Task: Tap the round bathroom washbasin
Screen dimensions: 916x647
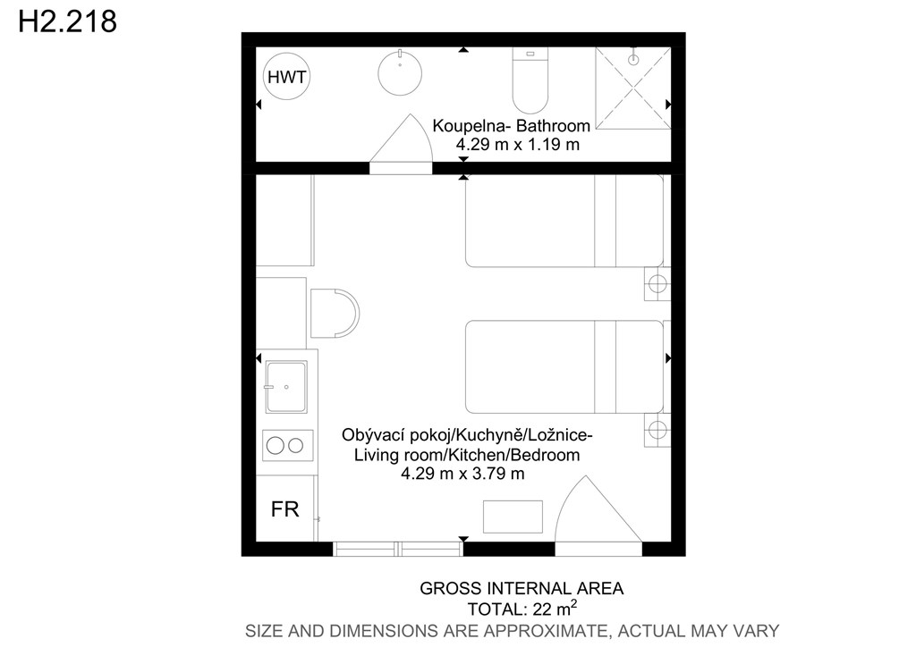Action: (x=400, y=73)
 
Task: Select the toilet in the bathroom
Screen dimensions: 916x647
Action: (x=530, y=80)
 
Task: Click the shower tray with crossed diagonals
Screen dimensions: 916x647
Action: (x=632, y=88)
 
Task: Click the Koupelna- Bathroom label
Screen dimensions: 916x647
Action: (x=511, y=125)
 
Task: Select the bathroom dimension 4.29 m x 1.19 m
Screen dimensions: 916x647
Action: (x=518, y=144)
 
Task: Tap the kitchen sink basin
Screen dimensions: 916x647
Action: (x=286, y=387)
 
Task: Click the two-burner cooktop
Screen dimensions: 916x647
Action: (x=287, y=446)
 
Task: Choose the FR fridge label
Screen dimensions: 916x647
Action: (x=285, y=509)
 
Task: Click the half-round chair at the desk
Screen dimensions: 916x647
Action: (x=335, y=314)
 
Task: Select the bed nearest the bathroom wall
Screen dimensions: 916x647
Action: (x=564, y=221)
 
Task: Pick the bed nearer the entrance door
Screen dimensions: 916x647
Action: (x=564, y=367)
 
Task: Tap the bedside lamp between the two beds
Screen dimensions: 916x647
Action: (x=657, y=284)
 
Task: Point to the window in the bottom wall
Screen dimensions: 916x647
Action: (x=398, y=549)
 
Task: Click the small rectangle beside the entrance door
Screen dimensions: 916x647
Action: (x=513, y=517)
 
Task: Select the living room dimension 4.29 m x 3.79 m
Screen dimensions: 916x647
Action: (x=462, y=473)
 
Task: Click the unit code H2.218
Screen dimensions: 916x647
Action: (x=68, y=21)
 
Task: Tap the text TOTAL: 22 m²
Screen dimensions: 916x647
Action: (x=522, y=609)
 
